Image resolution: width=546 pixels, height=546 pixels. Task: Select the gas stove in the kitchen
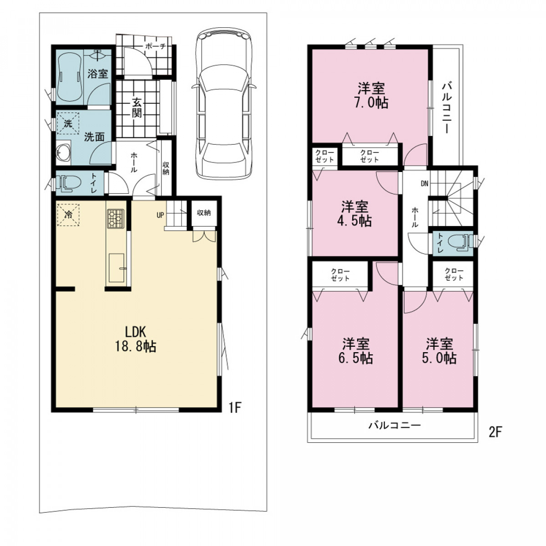(116, 219)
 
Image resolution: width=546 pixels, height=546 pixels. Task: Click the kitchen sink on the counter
(116, 268)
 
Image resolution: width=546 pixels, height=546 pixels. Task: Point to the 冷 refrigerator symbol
(68, 214)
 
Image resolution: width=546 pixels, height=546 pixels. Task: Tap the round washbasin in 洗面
(63, 153)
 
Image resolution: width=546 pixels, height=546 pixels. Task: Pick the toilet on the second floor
(460, 243)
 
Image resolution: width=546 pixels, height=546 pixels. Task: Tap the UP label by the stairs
(160, 215)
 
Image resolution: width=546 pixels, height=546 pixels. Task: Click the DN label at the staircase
(424, 184)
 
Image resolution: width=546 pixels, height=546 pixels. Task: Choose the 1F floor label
(235, 407)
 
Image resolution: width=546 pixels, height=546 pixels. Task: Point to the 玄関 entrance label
(137, 108)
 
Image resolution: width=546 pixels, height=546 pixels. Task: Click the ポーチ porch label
(155, 46)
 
